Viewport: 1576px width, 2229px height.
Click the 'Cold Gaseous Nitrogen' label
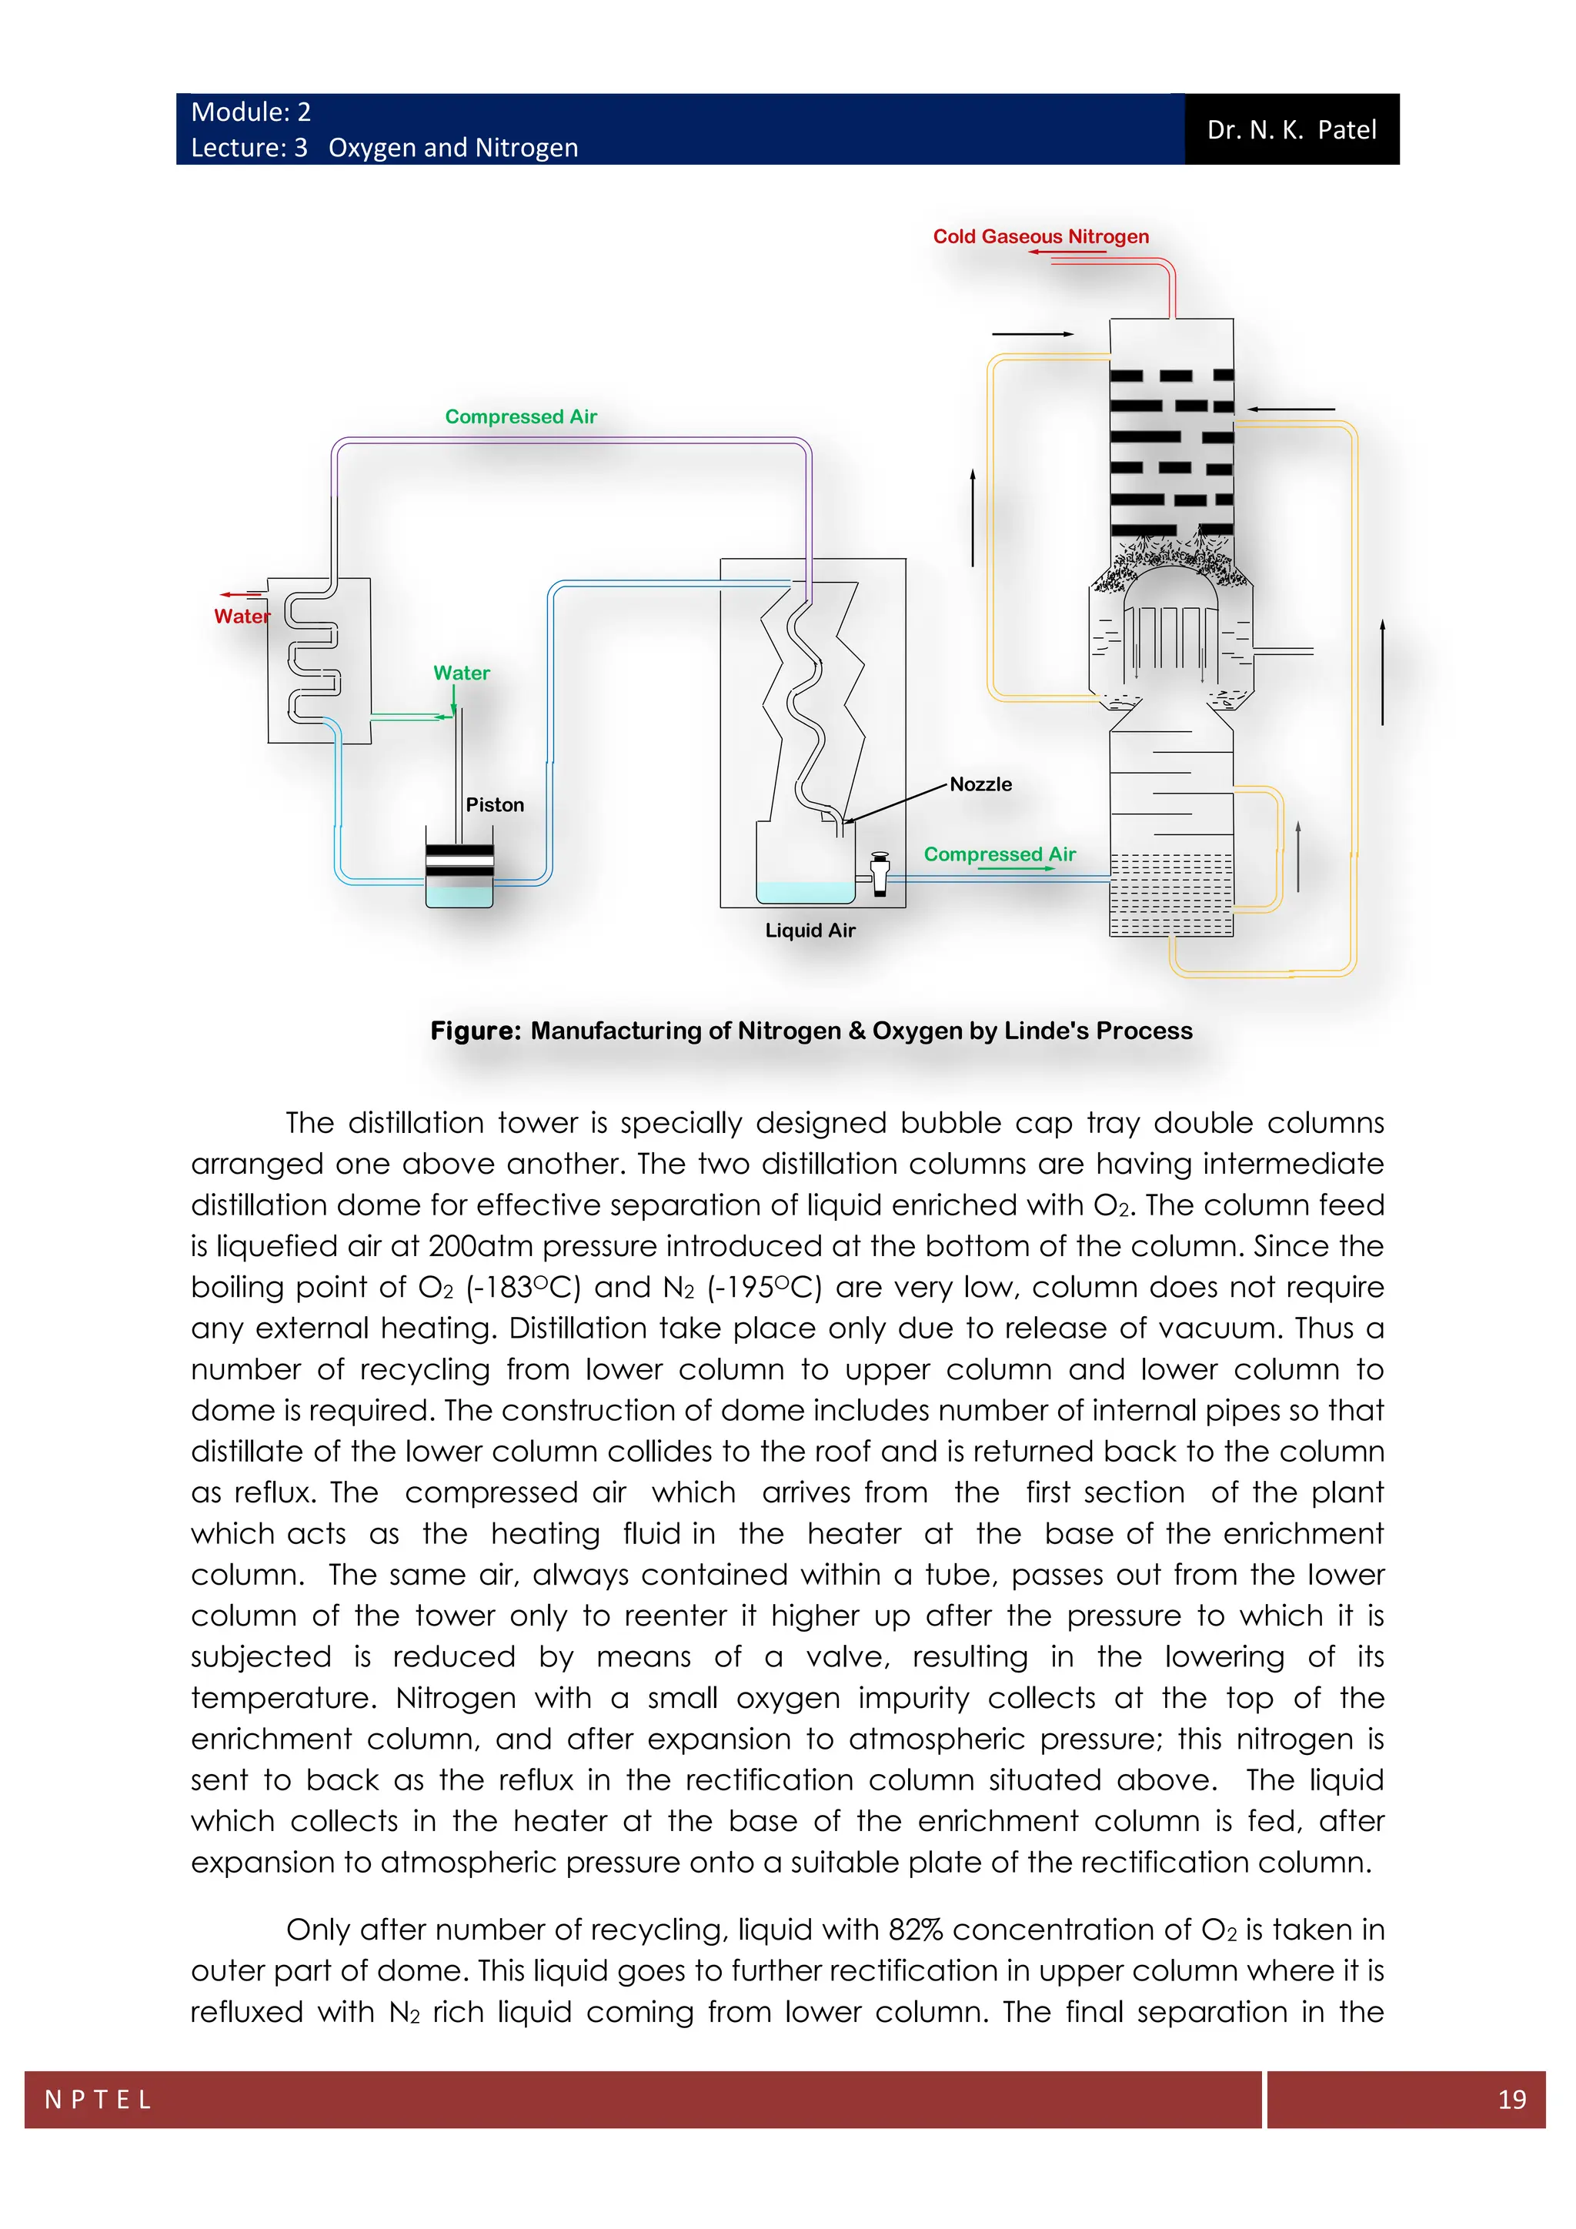coord(1040,236)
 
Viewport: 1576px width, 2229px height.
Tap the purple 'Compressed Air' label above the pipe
coord(520,416)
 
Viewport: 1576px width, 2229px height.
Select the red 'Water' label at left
coord(242,617)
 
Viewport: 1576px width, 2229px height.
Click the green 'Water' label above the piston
coord(461,673)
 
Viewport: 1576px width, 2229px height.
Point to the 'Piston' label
coord(494,805)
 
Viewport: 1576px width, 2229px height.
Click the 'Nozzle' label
coord(980,784)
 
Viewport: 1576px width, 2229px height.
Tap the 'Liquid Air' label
coord(810,930)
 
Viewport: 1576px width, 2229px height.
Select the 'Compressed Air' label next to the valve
coord(999,854)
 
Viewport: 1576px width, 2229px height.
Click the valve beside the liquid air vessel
coord(880,873)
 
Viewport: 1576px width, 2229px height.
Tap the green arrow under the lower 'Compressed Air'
coord(1015,869)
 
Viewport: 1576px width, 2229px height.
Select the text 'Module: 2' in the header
coord(250,112)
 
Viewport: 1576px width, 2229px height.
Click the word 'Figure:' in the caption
coord(476,1031)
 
